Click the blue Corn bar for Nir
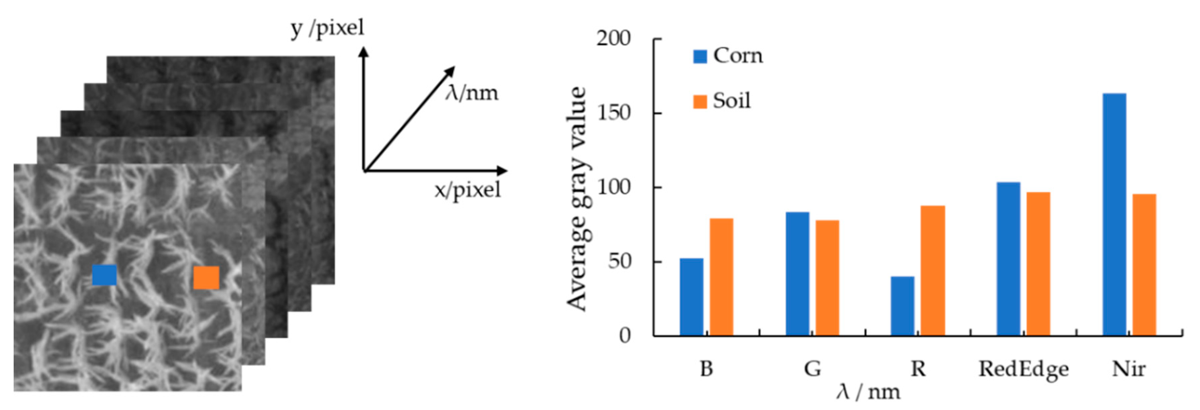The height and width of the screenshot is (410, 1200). (1114, 214)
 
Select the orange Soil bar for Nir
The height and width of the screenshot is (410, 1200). (1144, 265)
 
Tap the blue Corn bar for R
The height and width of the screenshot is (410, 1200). (902, 306)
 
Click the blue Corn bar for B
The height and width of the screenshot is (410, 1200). (691, 297)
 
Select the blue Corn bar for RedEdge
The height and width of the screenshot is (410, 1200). (1009, 259)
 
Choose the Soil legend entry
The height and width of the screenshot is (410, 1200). (722, 101)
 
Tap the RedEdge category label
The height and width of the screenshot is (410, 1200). (1023, 369)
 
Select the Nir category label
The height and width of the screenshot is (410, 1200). (1129, 369)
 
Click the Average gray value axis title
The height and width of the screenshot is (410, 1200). (576, 198)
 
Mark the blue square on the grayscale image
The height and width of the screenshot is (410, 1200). (104, 275)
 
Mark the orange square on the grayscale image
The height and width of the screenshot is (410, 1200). (206, 278)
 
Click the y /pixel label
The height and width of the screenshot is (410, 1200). (327, 28)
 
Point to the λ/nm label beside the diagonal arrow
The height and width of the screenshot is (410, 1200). (471, 93)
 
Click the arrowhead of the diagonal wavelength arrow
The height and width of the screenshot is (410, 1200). (450, 71)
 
